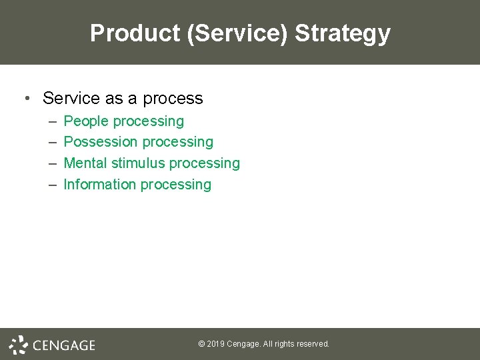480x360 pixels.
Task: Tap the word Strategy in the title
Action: [x=343, y=33]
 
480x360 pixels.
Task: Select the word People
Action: [x=86, y=121]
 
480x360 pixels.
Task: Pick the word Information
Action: [x=98, y=185]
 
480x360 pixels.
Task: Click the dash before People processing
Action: [x=53, y=121]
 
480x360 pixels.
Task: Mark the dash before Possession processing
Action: [x=53, y=142]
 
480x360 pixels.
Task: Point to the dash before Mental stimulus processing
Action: [x=53, y=163]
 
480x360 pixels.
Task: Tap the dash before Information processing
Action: [x=53, y=185]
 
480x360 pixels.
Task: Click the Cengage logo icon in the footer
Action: [x=18, y=344]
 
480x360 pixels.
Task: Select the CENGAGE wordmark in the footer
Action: [x=64, y=345]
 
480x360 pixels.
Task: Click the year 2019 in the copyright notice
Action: [x=215, y=344]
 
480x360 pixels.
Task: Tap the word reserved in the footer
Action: [x=312, y=344]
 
